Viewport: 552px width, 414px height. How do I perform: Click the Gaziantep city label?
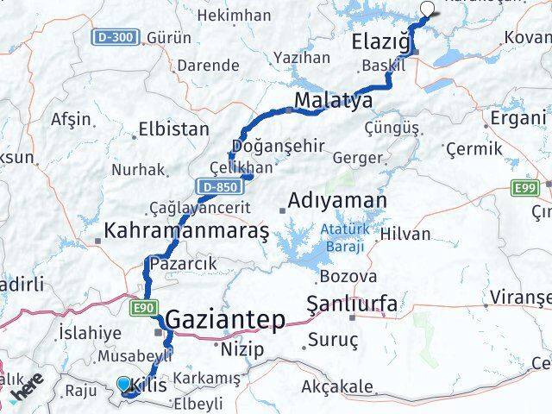[225, 320]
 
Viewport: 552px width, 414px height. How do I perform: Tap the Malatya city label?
[333, 101]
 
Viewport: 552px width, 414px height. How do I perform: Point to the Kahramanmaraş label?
[186, 229]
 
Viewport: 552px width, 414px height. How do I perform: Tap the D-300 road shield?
[116, 38]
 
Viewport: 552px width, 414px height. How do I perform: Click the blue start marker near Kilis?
[124, 384]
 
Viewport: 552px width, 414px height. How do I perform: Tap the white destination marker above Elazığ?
[428, 9]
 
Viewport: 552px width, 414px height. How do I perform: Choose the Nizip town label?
[239, 350]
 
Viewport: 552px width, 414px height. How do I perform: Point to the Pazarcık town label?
[179, 262]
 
